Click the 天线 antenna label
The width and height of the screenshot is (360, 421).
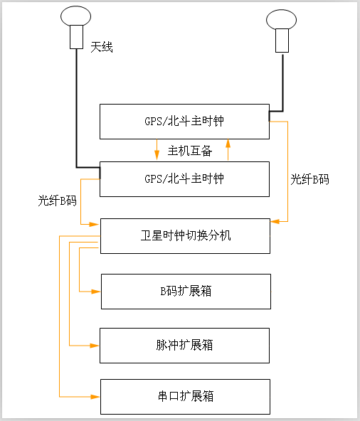(x=102, y=47)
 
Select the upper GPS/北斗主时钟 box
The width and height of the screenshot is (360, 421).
(x=184, y=121)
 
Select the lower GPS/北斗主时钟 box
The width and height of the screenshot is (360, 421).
(x=184, y=178)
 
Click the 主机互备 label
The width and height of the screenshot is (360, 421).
(x=190, y=151)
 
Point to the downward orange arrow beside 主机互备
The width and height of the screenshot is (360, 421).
(x=157, y=156)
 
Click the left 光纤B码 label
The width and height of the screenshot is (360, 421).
(x=57, y=201)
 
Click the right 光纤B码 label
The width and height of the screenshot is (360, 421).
(x=309, y=179)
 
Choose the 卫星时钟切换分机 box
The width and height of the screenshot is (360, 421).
(x=185, y=235)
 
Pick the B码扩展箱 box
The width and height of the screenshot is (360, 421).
(x=186, y=291)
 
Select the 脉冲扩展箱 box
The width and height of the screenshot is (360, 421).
(x=185, y=346)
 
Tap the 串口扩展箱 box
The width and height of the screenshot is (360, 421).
(x=185, y=396)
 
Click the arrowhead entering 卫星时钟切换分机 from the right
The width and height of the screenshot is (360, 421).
(x=275, y=222)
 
